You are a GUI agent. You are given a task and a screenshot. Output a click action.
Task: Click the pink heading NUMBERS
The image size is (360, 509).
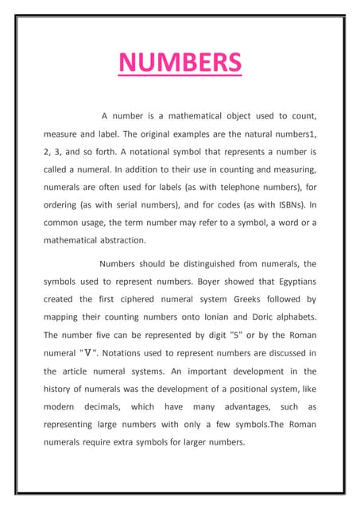pyautogui.click(x=180, y=61)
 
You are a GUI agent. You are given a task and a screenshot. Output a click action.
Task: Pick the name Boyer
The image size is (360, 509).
pyautogui.click(x=206, y=282)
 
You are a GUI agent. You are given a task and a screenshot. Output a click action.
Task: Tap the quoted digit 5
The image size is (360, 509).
pyautogui.click(x=237, y=335)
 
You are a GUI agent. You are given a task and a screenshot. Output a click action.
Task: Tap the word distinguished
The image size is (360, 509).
pyautogui.click(x=199, y=263)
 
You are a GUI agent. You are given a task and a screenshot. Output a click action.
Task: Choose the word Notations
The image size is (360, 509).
pyautogui.click(x=125, y=353)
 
